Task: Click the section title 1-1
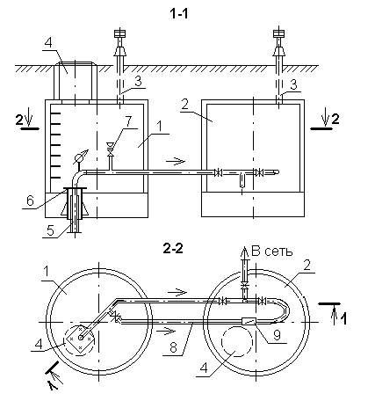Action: (179, 14)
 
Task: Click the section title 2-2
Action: (173, 249)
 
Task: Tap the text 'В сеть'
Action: (272, 252)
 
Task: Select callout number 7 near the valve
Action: (128, 122)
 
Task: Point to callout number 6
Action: (30, 200)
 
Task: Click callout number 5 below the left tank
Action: (50, 230)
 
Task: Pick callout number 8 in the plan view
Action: (173, 348)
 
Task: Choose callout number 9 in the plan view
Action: (277, 336)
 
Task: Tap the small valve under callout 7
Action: (111, 149)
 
